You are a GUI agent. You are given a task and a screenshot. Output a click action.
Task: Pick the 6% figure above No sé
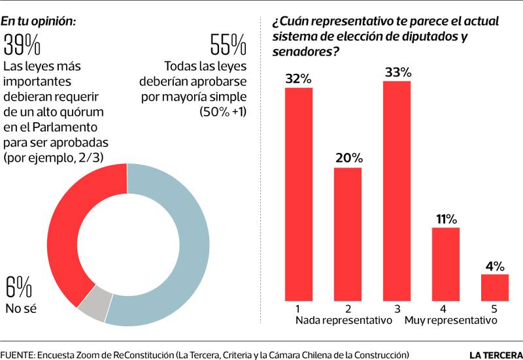coord(18,287)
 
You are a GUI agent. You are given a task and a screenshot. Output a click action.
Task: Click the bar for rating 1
coord(299,193)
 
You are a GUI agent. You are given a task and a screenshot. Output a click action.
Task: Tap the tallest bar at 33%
coord(397,190)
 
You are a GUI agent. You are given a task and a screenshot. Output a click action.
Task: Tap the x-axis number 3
coord(397,308)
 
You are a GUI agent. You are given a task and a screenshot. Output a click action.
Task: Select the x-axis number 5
coord(495,308)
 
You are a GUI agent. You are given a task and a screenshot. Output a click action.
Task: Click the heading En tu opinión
coord(39,21)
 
